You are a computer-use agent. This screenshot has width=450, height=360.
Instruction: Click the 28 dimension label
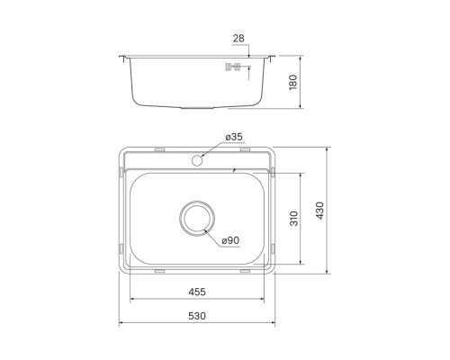click(238, 38)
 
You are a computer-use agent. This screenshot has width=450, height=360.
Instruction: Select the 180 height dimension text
click(292, 82)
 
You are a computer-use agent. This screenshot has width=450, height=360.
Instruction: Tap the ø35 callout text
click(234, 137)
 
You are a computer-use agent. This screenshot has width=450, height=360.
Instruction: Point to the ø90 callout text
click(230, 240)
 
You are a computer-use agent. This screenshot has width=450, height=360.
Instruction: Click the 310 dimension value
click(294, 219)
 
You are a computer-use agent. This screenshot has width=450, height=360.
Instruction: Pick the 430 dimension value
click(319, 211)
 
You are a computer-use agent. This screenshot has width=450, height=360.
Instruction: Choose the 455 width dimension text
click(197, 292)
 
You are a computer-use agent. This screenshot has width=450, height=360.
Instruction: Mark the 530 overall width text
click(197, 316)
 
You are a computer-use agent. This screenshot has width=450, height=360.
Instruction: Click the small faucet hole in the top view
click(197, 160)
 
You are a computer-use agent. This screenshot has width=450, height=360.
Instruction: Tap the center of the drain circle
click(197, 219)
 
